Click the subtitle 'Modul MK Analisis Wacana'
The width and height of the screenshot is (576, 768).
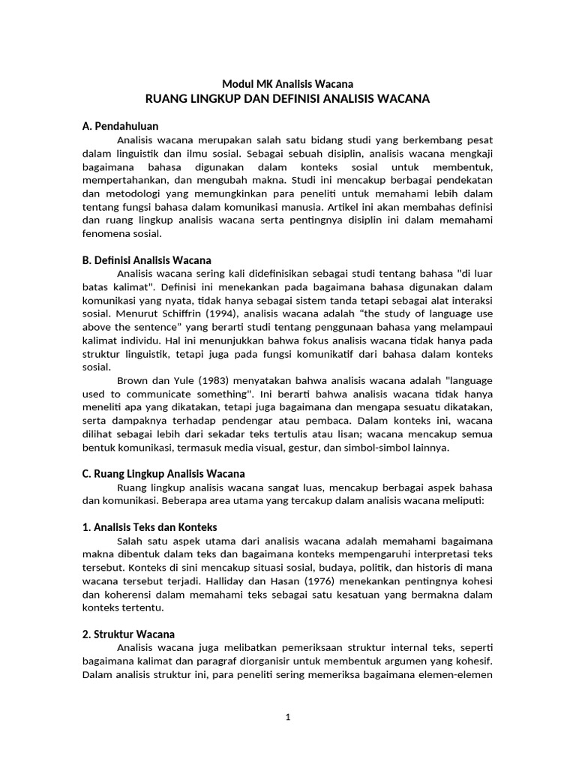pos(288,84)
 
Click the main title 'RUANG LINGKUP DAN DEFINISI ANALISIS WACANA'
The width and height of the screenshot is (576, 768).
pos(288,99)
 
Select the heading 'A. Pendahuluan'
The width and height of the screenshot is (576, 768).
pos(120,126)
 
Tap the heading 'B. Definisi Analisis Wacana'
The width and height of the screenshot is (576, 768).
pos(147,260)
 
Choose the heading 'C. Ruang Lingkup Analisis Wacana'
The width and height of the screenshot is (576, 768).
pos(163,474)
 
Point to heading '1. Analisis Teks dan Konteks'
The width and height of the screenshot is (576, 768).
pos(150,527)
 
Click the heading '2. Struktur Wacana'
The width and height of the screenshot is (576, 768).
pos(128,634)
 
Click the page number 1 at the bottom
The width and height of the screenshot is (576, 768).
pos(288,717)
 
